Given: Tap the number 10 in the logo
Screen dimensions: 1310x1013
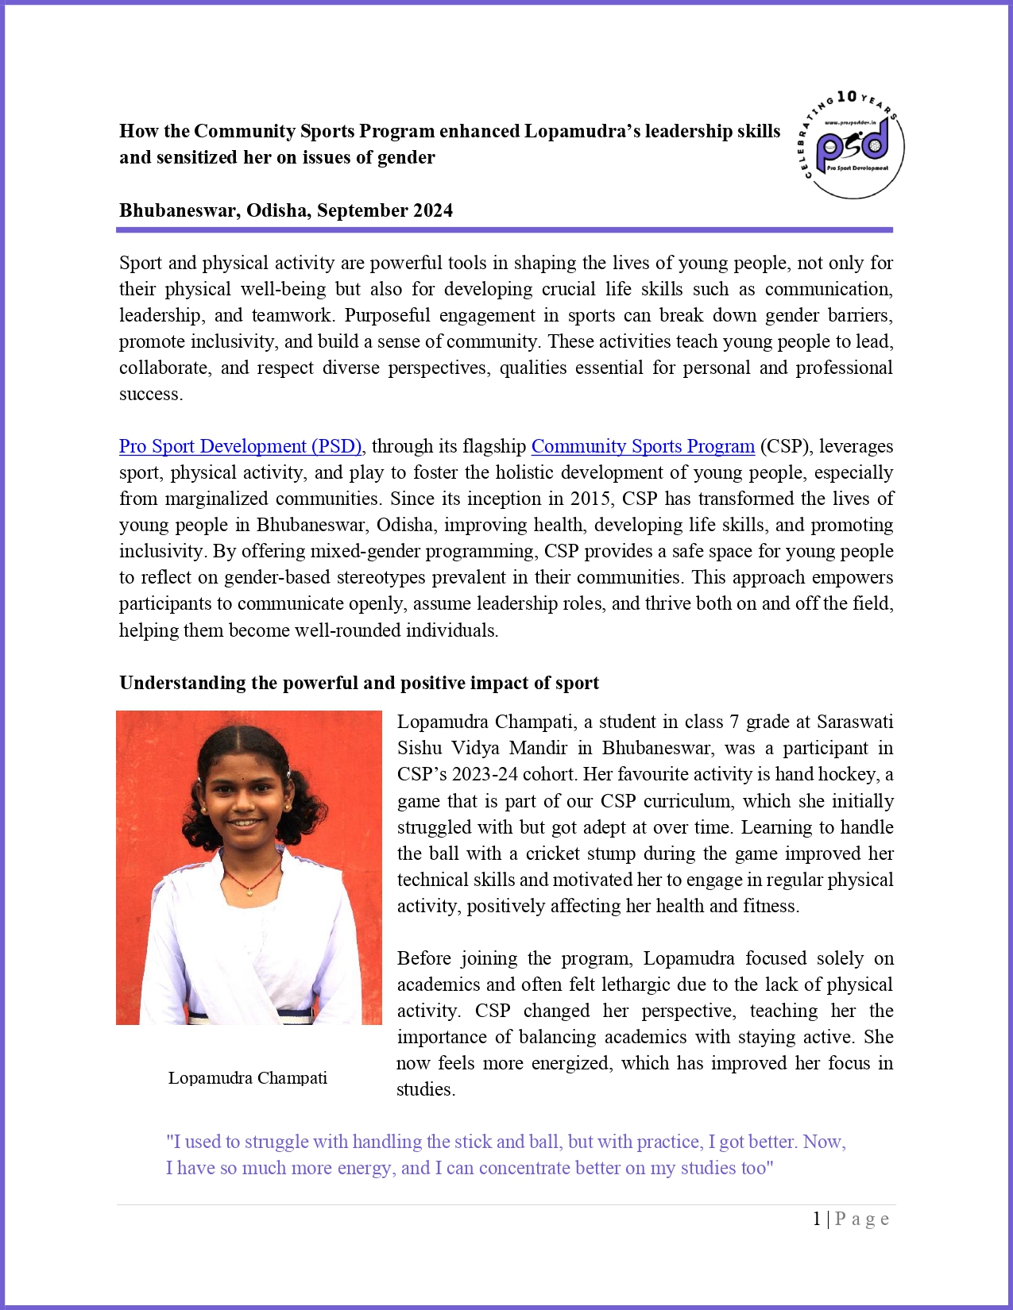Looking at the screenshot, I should [x=847, y=98].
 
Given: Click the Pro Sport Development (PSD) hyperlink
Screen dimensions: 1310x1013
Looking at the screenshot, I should [x=241, y=446].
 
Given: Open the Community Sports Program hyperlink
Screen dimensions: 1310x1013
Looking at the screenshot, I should [x=643, y=446].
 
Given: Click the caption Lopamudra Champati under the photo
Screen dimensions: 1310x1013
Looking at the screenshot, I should [x=248, y=1078].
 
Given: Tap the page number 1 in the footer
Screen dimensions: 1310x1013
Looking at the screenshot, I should [x=817, y=1219].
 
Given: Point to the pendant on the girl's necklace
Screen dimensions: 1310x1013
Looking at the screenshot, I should [x=249, y=892].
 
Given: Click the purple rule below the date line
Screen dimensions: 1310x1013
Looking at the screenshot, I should [x=505, y=230].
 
